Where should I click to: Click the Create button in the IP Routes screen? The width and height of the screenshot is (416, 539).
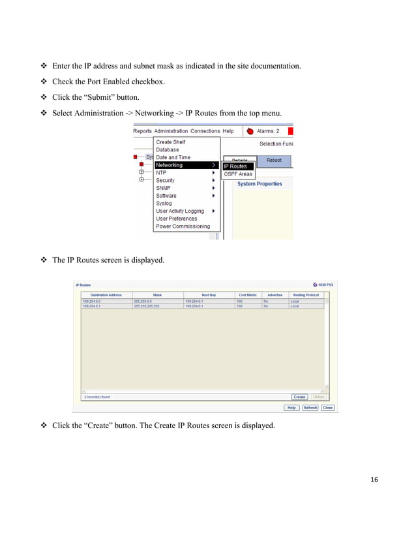coord(299,397)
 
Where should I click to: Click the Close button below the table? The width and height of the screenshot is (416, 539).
coord(327,408)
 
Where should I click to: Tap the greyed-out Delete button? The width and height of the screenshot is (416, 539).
coord(318,397)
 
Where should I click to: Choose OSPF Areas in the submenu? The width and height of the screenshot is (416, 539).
coord(238,174)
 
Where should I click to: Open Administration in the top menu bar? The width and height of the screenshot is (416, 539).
coord(171,131)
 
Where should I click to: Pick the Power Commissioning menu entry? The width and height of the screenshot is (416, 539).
coord(183,226)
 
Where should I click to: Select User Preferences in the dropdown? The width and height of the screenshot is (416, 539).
coord(177,219)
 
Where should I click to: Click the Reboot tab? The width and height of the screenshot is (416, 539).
coord(274,160)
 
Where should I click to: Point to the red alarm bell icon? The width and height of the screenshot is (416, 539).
coord(249,131)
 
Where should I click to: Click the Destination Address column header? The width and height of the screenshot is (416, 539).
coord(106,295)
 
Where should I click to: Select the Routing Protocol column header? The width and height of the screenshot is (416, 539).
coord(306,295)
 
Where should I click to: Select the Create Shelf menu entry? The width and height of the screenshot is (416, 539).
coord(170,142)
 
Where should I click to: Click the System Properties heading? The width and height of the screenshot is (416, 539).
coord(260,184)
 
